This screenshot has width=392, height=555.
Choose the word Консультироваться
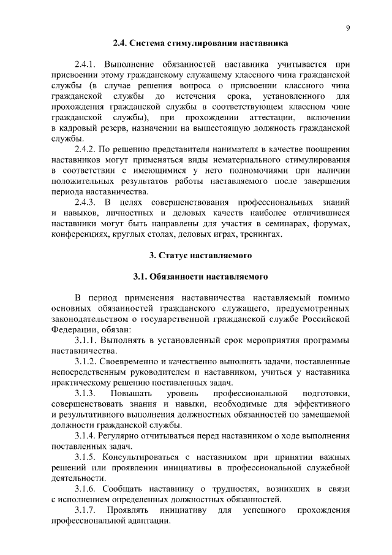143,457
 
